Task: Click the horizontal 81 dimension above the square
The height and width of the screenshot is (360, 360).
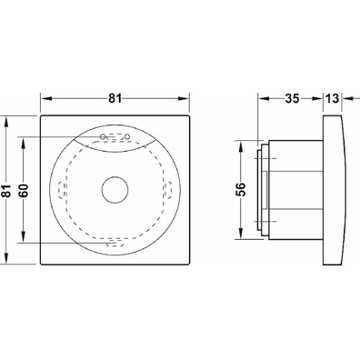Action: coord(115,98)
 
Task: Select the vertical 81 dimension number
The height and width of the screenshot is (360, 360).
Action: coord(6,191)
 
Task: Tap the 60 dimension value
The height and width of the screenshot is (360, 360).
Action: coord(25,191)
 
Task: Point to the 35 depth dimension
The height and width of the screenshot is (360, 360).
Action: coord(292,98)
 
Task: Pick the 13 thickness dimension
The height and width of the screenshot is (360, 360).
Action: coord(332,98)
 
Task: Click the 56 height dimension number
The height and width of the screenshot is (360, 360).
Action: coord(241,190)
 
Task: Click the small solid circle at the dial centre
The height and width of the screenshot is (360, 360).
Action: coord(115,190)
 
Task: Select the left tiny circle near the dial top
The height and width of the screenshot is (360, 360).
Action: coord(103,136)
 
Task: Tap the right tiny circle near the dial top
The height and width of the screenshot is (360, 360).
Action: coord(127,136)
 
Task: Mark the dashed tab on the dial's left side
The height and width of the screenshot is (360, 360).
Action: coord(63,190)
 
